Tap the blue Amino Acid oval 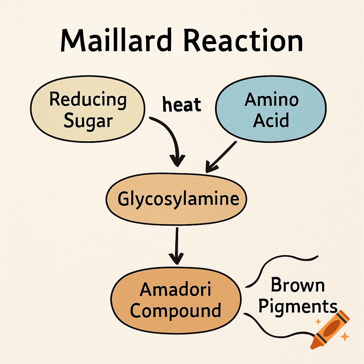[271, 110]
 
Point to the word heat [182, 105]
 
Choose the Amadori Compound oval [176, 300]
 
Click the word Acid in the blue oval [271, 121]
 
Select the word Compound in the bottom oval [176, 311]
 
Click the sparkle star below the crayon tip [344, 336]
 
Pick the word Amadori [176, 289]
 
